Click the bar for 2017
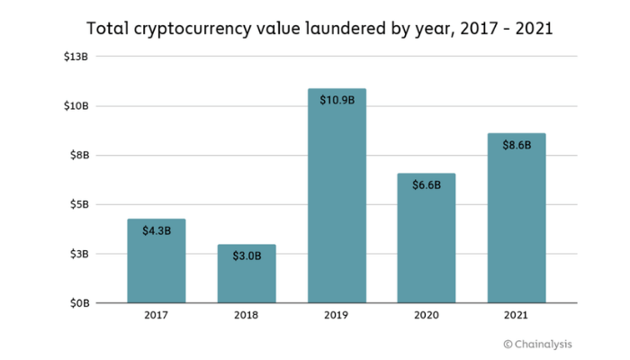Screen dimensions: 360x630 157,265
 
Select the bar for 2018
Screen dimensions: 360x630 247,278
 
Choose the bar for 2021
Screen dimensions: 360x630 517,221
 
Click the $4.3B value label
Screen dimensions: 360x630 157,230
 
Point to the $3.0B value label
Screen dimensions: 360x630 247,256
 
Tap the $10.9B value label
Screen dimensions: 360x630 337,100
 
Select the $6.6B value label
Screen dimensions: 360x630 427,185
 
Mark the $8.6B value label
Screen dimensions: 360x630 517,145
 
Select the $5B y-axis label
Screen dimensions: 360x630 80,204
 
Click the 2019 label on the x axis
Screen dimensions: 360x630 337,316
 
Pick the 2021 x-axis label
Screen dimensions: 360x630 517,316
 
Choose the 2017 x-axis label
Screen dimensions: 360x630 157,316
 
